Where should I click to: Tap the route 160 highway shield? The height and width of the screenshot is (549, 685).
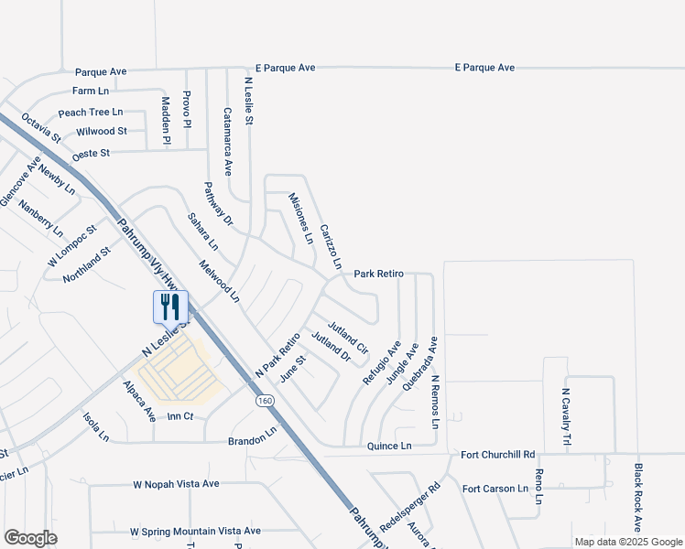[x=265, y=401]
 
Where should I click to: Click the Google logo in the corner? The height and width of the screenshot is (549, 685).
[x=30, y=538]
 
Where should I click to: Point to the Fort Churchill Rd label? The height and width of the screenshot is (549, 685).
[x=497, y=455]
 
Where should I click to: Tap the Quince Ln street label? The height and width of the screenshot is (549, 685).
[x=388, y=446]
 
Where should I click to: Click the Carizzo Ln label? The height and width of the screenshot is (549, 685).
[x=331, y=245]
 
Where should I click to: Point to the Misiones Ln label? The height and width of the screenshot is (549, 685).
[x=301, y=219]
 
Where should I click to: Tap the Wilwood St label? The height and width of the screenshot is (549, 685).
[x=102, y=132]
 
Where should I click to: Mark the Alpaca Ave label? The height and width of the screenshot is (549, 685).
[x=139, y=401]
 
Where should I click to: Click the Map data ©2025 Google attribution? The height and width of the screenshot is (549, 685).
[x=627, y=542]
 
